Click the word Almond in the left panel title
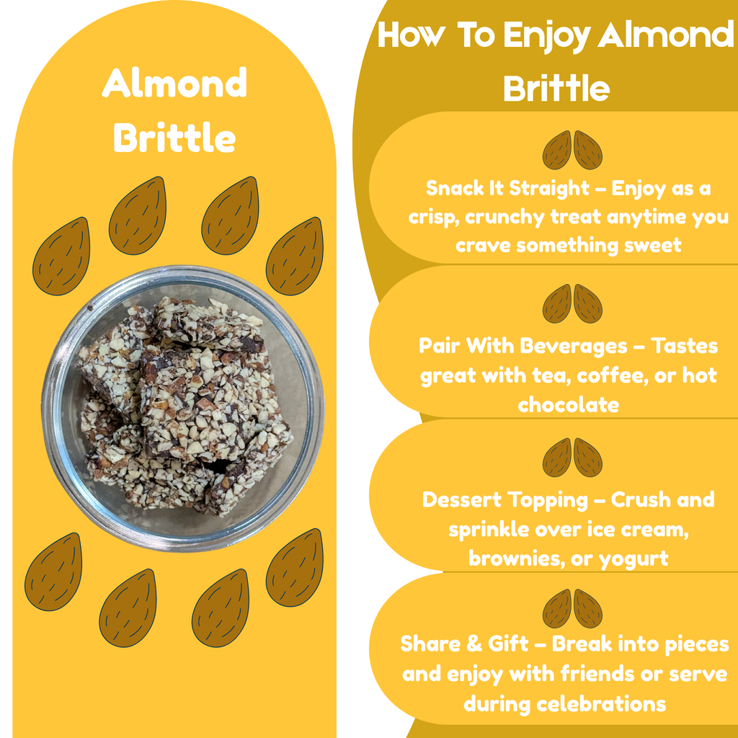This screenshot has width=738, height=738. (x=174, y=84)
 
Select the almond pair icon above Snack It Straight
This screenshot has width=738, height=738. (x=572, y=150)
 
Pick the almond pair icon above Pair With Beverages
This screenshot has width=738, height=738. (x=572, y=303)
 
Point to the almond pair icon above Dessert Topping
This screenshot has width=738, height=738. (x=572, y=458)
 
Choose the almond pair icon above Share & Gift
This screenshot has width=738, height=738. (x=572, y=608)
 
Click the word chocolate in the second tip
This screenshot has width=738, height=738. (x=568, y=404)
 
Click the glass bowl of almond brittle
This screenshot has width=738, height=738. (x=183, y=407)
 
